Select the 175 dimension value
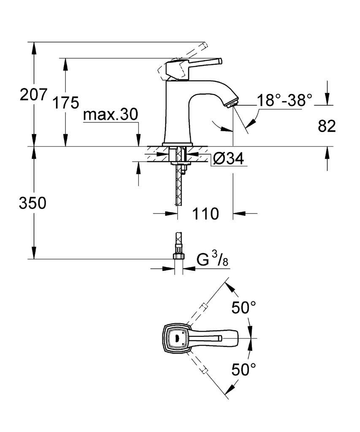[x=65, y=103]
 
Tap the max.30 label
[x=110, y=114]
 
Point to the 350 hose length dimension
[x=32, y=203]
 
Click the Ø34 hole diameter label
[x=228, y=159]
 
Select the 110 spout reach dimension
[x=206, y=213]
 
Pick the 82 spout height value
[x=327, y=126]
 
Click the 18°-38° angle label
[x=284, y=100]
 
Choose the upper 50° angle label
[x=244, y=308]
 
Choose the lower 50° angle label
[x=244, y=369]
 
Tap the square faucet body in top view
[x=176, y=337]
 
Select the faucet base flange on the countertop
[x=177, y=144]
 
